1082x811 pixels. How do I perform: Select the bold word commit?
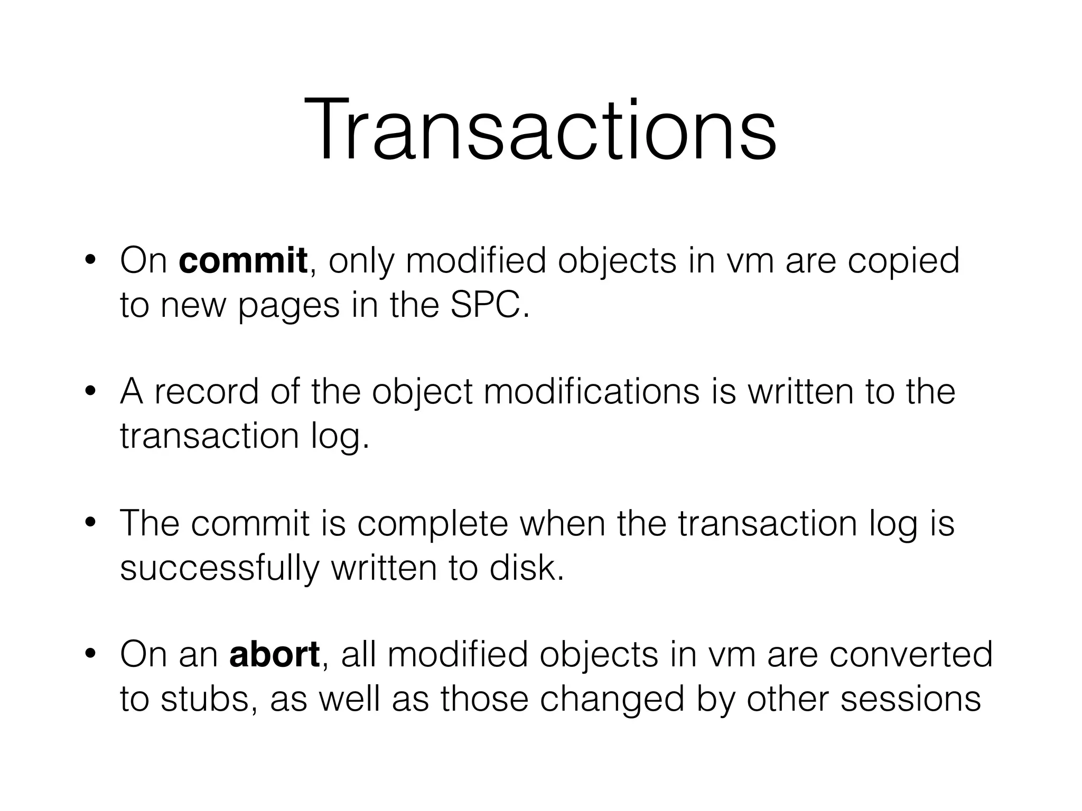click(243, 260)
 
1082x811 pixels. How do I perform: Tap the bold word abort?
click(274, 654)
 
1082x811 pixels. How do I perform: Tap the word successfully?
click(220, 569)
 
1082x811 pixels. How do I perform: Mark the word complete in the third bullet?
click(432, 525)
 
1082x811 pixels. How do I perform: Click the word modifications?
click(592, 392)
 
